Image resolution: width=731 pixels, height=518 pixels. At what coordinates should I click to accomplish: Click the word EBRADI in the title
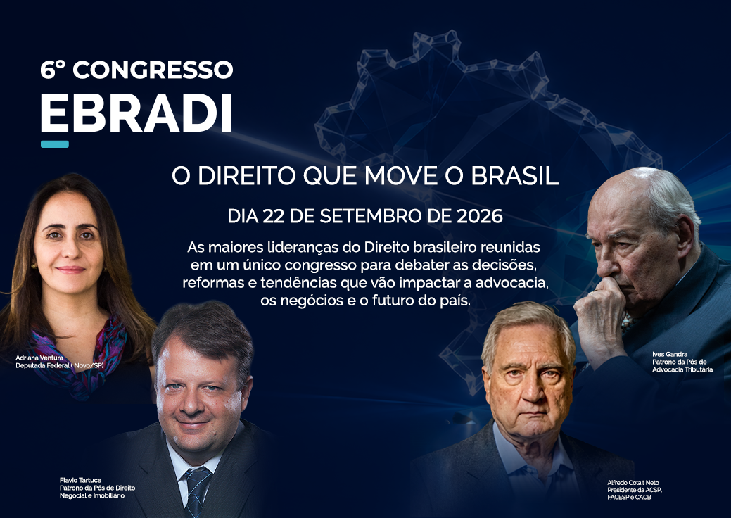tap(136, 113)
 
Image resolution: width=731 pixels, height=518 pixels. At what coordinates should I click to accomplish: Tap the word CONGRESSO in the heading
tap(153, 70)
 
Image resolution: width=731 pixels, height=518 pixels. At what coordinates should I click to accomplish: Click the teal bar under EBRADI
tap(55, 144)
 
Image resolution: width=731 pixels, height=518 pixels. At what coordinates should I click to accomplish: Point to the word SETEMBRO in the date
tap(369, 216)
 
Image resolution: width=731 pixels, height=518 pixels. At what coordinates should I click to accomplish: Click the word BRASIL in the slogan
tap(515, 176)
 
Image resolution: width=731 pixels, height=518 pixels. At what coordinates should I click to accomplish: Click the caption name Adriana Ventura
tap(39, 358)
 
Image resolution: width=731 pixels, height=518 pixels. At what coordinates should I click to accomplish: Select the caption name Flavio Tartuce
tap(80, 480)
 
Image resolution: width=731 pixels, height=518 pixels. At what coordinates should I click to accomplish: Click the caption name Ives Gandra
tap(670, 354)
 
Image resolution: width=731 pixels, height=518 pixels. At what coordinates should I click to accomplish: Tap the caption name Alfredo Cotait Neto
tap(633, 483)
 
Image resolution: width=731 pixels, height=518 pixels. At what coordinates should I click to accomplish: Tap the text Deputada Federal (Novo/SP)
tap(60, 365)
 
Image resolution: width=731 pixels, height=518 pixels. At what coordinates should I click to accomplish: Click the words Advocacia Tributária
tap(682, 369)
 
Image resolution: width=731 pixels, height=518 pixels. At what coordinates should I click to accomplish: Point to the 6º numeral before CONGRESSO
tap(52, 70)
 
